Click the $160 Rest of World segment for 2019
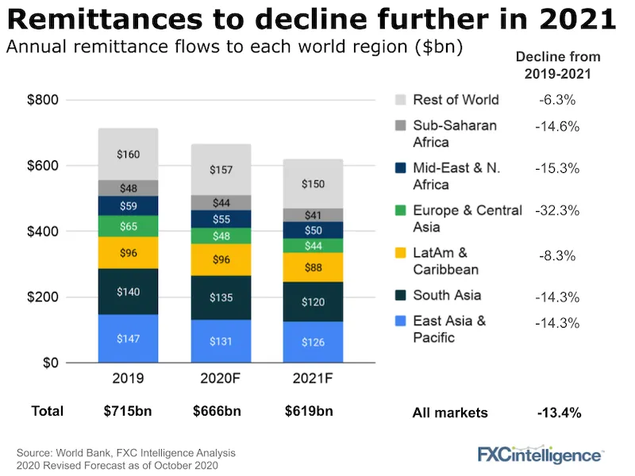[129, 154]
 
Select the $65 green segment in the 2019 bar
[129, 226]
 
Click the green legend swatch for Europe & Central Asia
[401, 211]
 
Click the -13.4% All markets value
[559, 413]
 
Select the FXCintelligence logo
[539, 455]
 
